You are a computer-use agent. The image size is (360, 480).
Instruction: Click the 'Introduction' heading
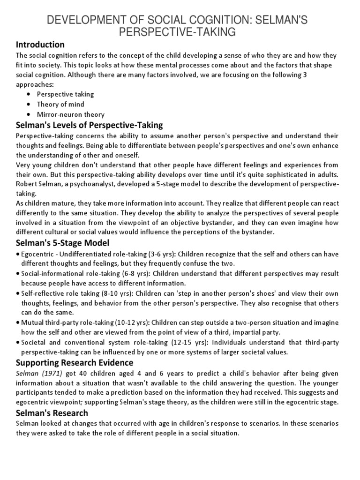(40, 45)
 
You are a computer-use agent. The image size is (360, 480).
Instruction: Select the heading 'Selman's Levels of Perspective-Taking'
(90, 125)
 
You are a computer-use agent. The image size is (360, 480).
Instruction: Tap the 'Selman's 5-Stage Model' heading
(62, 243)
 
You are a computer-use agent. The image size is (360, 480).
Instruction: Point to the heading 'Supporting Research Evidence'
(75, 362)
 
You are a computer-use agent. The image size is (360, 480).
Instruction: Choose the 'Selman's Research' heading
(52, 413)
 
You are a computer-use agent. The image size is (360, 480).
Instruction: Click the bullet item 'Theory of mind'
(61, 105)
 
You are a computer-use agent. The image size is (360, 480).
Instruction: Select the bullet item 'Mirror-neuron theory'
(71, 114)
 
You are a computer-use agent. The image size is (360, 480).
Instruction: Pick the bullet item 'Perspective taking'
(66, 94)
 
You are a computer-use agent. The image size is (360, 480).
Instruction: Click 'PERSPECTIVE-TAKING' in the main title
(180, 31)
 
